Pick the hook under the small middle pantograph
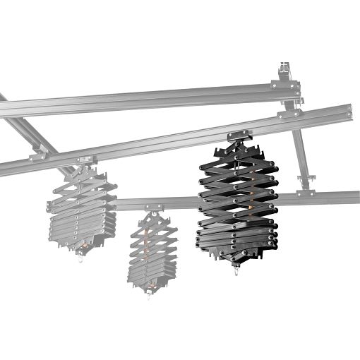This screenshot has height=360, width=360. click(x=149, y=292)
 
